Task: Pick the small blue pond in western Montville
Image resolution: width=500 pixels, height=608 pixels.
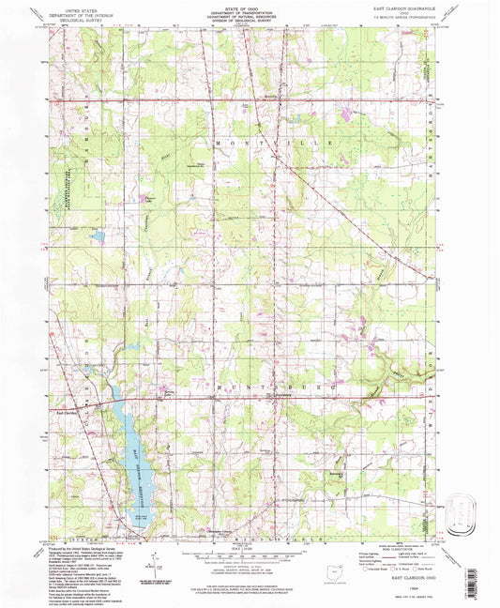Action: tap(98, 238)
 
